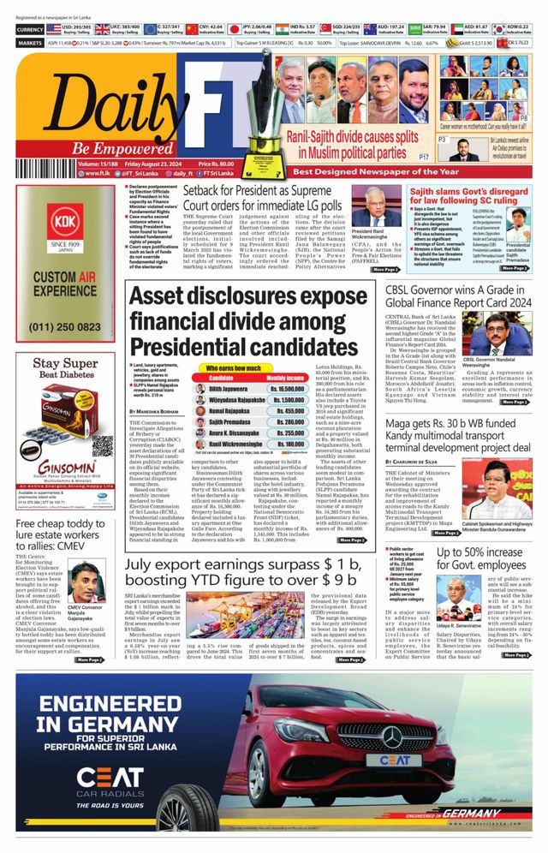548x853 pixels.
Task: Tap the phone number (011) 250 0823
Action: point(64,326)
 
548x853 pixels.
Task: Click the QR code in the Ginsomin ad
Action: point(102,446)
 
